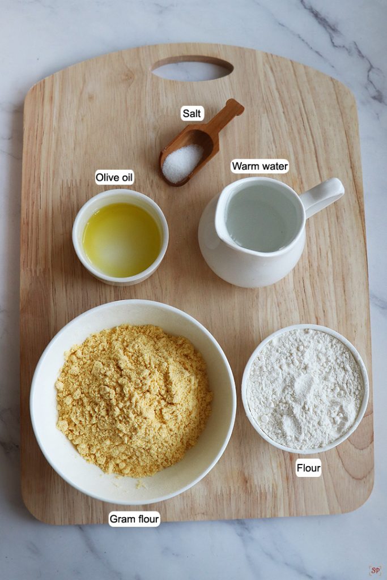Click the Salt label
click(x=192, y=113)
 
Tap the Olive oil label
click(x=114, y=178)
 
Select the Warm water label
click(x=260, y=167)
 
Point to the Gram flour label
click(x=134, y=519)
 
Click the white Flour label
click(x=308, y=468)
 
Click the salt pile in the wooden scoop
click(x=182, y=162)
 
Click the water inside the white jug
click(x=262, y=219)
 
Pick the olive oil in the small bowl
click(x=121, y=240)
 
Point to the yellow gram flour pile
click(x=134, y=400)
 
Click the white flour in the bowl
click(x=305, y=389)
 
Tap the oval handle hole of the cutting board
click(x=193, y=68)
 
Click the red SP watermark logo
click(x=375, y=570)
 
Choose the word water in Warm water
click(x=274, y=167)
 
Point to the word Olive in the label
click(x=107, y=178)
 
